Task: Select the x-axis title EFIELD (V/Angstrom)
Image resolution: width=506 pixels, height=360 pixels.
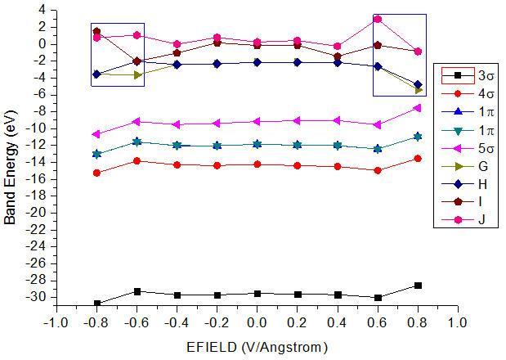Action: pyautogui.click(x=257, y=347)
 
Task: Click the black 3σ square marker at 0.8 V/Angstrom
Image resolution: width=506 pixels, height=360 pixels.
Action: pyautogui.click(x=418, y=285)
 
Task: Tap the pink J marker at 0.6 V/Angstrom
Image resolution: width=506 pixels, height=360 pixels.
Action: pyautogui.click(x=378, y=19)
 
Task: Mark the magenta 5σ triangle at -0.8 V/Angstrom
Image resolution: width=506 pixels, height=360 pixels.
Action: pyautogui.click(x=96, y=134)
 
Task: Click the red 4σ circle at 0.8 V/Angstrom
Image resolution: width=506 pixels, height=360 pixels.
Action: pyautogui.click(x=418, y=158)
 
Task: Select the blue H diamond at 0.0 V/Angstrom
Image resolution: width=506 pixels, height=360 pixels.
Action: pyautogui.click(x=257, y=62)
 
